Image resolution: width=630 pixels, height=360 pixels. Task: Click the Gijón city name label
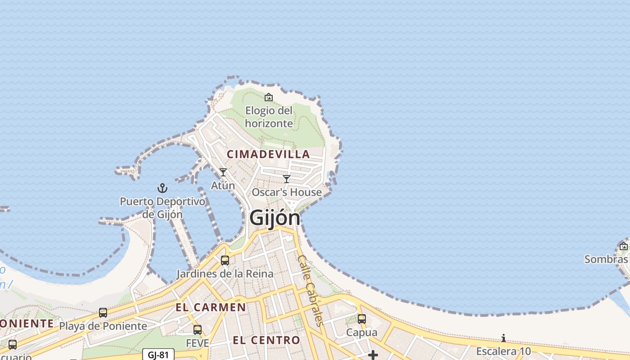tap(274, 218)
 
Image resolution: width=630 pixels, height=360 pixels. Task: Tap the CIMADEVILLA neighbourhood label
tap(269, 154)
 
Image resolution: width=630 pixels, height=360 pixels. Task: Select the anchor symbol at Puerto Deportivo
tap(162, 188)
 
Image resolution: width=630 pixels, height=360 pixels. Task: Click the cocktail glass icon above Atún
tap(223, 172)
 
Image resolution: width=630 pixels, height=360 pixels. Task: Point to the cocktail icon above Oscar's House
tap(287, 179)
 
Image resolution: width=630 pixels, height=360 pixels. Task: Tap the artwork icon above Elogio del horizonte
tap(269, 97)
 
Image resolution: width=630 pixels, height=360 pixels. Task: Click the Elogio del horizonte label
tap(269, 117)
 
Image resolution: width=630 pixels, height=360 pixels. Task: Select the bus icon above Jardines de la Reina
tap(225, 261)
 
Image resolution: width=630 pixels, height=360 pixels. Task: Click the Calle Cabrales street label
tap(310, 290)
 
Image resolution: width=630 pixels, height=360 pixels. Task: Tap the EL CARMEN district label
tap(211, 308)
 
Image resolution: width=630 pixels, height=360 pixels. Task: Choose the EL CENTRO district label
tap(266, 340)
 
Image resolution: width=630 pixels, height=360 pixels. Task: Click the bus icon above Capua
tap(362, 319)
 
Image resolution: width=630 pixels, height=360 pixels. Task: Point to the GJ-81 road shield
tap(158, 355)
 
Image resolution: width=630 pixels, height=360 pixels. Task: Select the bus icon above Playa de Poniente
tap(103, 313)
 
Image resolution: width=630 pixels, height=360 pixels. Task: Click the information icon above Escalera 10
tap(504, 338)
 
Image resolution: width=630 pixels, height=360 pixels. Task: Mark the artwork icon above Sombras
tap(624, 246)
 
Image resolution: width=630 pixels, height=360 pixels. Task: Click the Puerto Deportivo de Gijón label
tap(162, 207)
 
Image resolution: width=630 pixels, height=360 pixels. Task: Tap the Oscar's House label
tap(287, 192)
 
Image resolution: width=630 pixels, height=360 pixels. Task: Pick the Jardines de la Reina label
tap(225, 274)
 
